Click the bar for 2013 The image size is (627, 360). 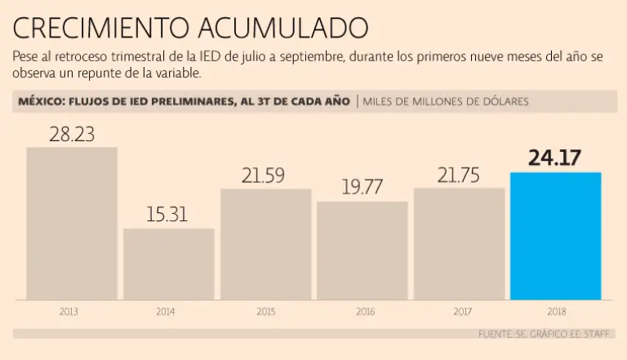[72, 223]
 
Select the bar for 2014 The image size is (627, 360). [169, 264]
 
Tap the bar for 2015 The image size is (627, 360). [265, 244]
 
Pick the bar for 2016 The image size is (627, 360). [362, 250]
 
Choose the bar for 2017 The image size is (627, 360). [458, 243]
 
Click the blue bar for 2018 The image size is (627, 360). [555, 236]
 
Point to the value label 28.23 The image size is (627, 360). [72, 135]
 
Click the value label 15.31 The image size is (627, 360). [167, 216]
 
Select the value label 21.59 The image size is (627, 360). [265, 176]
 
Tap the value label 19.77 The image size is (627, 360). [362, 188]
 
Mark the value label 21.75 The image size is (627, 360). [458, 175]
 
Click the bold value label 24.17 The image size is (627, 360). [554, 158]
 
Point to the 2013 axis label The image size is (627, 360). [69, 311]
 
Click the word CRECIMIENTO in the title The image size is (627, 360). [99, 29]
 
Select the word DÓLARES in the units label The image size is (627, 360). [503, 102]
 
